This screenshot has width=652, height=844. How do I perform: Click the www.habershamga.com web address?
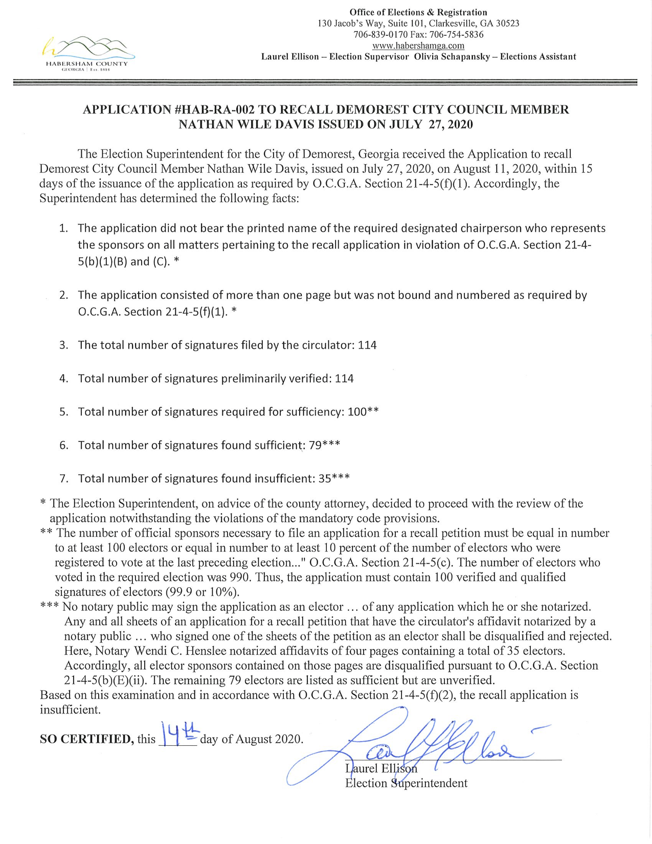coord(418,46)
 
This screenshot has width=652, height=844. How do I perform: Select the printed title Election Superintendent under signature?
coord(406,783)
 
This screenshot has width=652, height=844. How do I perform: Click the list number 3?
coord(63,345)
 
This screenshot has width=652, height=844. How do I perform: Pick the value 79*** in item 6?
coord(324,445)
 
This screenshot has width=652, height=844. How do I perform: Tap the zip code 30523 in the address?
coord(506,24)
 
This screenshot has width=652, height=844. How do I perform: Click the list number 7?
coord(63,479)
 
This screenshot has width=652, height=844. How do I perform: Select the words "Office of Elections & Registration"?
coord(418,12)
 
